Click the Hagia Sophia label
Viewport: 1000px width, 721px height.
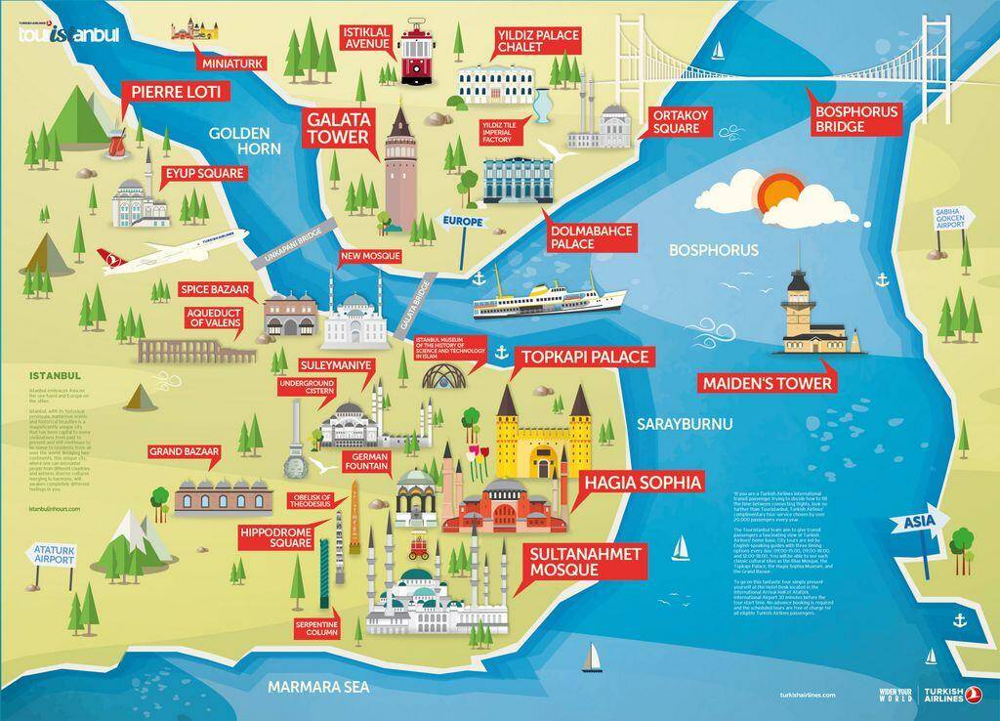point(643,483)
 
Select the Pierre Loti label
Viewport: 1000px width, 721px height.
point(176,93)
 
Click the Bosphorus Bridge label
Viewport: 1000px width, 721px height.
point(855,119)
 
